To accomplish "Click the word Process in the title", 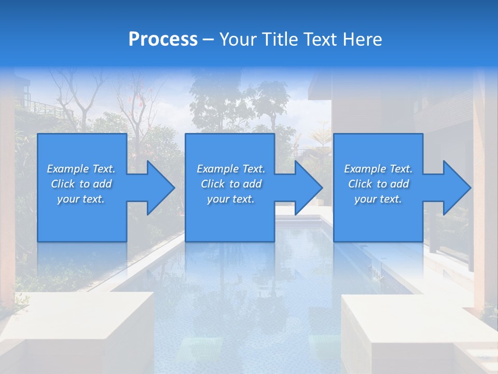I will (163, 39).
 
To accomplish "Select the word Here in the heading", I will (363, 39).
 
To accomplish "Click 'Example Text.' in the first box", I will (81, 169).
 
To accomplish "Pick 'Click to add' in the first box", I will (81, 184).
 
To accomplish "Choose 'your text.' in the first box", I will (81, 199).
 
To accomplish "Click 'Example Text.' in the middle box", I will (231, 169).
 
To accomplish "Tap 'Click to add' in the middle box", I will (231, 184).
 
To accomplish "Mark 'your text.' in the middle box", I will (231, 199).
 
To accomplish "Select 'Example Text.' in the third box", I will (378, 169).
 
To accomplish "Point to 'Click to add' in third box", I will (378, 184).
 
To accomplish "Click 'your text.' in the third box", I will (378, 199).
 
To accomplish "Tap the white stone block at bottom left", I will (78, 327).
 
